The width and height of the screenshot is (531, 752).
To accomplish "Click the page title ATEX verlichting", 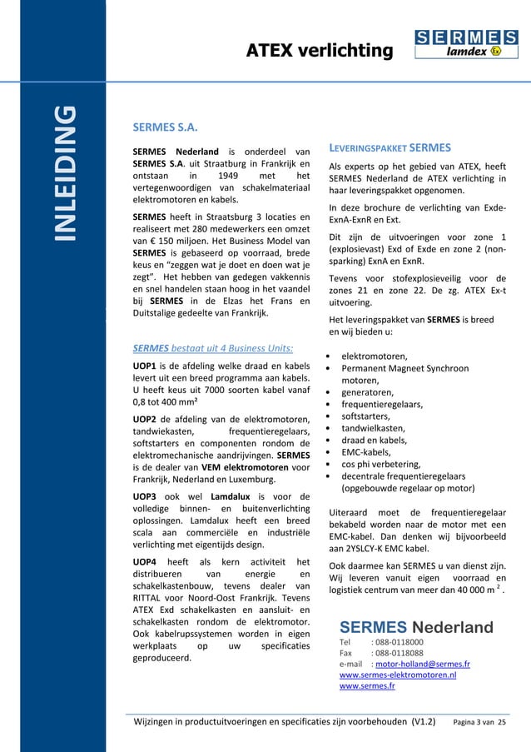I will [319, 52].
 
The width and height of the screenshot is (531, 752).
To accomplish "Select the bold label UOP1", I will [146, 365].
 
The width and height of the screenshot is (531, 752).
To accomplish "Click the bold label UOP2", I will [146, 417].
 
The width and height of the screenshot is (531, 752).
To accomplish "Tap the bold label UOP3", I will [146, 496].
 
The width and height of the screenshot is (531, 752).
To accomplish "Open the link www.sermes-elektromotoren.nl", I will [397, 675].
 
